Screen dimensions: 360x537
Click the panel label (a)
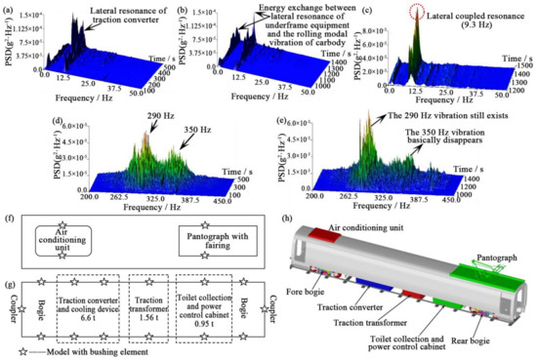tap(9, 9)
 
